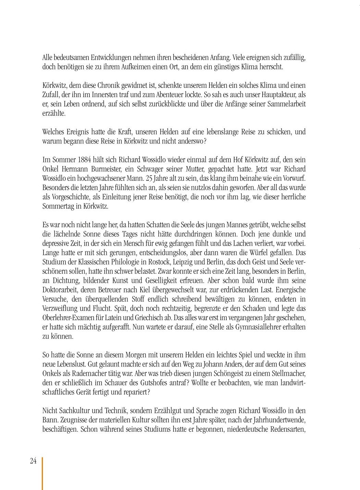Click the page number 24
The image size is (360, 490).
pos(33,461)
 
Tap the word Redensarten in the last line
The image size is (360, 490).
pos(288,429)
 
